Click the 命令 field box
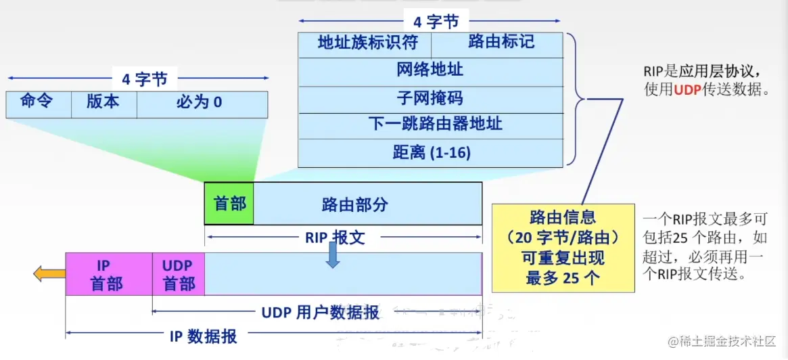point(37,104)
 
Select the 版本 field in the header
point(103,104)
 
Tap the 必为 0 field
point(202,104)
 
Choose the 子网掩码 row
point(430,98)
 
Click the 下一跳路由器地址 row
point(430,125)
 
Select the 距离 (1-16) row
point(430,153)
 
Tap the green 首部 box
point(229,204)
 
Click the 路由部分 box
point(367,204)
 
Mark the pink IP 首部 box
point(108,274)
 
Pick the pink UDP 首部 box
point(179,274)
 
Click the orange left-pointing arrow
point(49,273)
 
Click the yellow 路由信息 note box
point(563,248)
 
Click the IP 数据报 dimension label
point(203,336)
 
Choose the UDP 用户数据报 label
point(320,312)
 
